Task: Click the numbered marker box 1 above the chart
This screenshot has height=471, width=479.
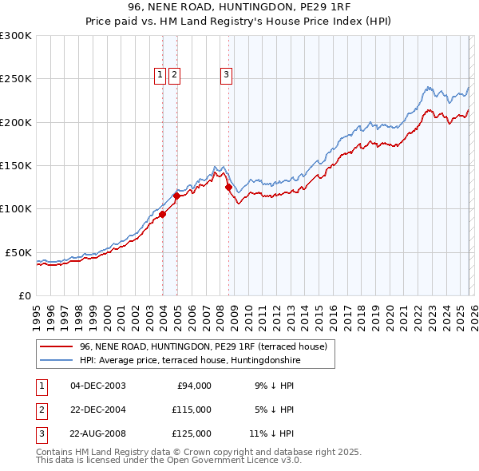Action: (x=160, y=75)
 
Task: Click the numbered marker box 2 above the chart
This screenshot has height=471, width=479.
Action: (x=174, y=75)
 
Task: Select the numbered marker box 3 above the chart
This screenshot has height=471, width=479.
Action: (x=227, y=75)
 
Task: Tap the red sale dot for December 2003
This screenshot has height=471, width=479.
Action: (x=162, y=214)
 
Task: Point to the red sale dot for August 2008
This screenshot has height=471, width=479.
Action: (x=228, y=188)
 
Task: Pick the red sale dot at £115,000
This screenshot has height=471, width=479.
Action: (x=176, y=196)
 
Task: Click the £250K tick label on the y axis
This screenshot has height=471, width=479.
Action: (x=15, y=79)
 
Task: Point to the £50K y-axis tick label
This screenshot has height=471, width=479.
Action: (x=18, y=252)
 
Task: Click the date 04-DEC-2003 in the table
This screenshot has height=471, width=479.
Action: (x=97, y=386)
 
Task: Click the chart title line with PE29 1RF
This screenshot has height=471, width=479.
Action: (x=239, y=7)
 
